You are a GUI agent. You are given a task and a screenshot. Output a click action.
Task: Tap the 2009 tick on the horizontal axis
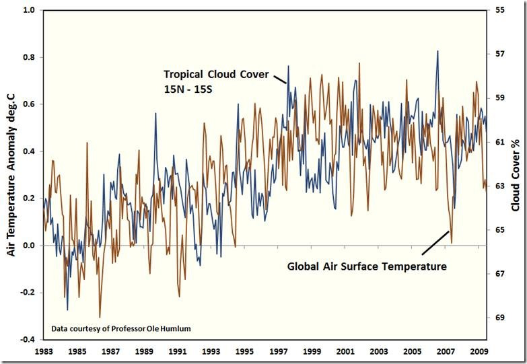coord(479,351)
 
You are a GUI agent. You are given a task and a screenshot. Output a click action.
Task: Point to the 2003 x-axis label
coord(378,351)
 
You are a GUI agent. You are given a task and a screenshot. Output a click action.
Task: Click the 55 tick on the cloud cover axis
coord(499,11)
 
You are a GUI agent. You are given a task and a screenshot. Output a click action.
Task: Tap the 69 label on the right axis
coord(499,317)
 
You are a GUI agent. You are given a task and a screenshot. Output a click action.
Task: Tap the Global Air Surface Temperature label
coord(367,266)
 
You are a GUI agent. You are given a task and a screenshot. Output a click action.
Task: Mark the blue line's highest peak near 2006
coord(437,51)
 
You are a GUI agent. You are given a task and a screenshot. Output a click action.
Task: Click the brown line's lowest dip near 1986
coord(100,317)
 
